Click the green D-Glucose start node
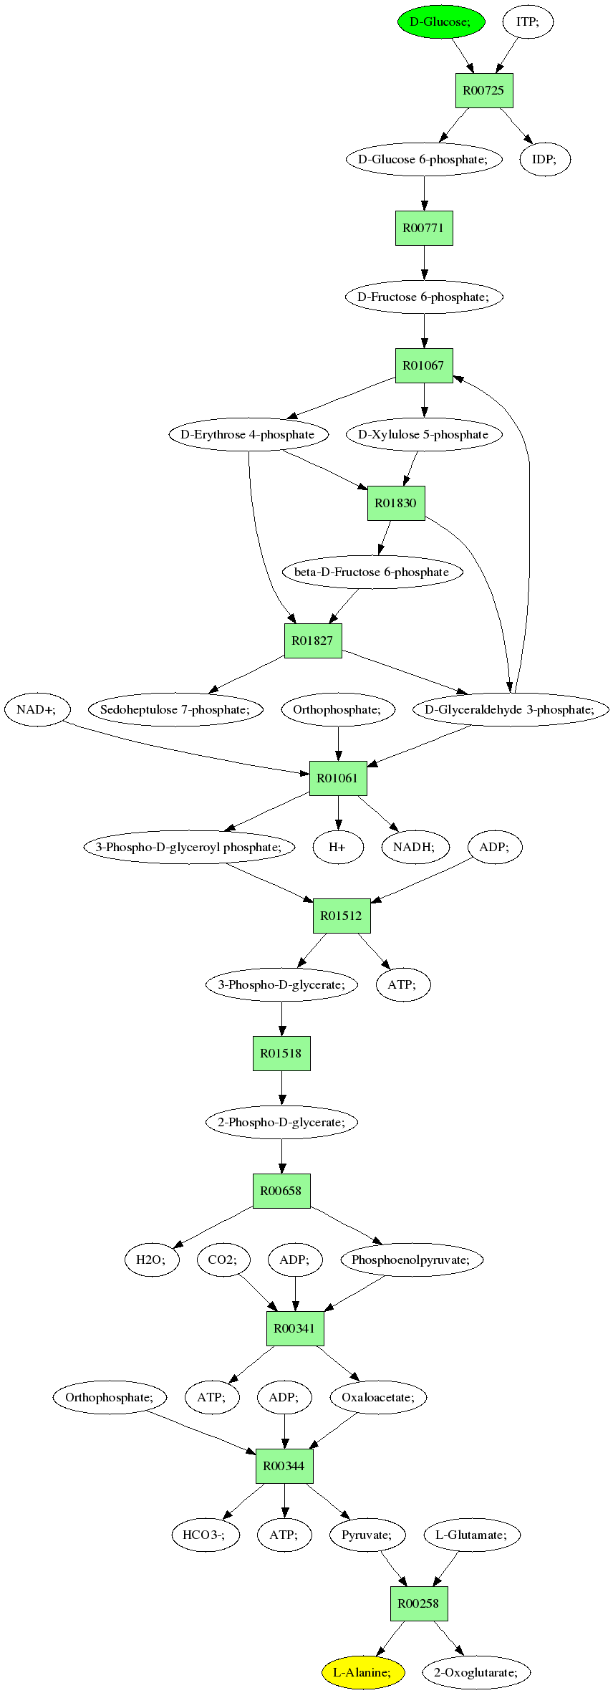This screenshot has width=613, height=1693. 441,21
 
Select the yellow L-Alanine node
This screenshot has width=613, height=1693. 363,1672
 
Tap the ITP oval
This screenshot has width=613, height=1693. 527,21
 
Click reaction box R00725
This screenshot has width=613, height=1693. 484,90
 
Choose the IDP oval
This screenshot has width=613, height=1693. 544,159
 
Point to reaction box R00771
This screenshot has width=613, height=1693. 424,228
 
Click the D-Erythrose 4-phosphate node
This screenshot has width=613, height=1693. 248,434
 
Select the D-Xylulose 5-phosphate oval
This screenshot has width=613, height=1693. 424,434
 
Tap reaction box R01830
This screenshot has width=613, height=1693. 396,503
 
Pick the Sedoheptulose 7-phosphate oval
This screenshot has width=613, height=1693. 175,709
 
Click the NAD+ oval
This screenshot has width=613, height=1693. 38,709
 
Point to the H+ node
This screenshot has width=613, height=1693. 338,847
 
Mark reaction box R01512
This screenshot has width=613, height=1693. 342,916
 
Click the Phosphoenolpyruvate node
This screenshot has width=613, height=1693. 412,1260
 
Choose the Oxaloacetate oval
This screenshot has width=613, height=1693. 378,1397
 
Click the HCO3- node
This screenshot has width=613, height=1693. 206,1535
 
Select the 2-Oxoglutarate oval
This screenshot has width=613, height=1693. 476,1672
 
